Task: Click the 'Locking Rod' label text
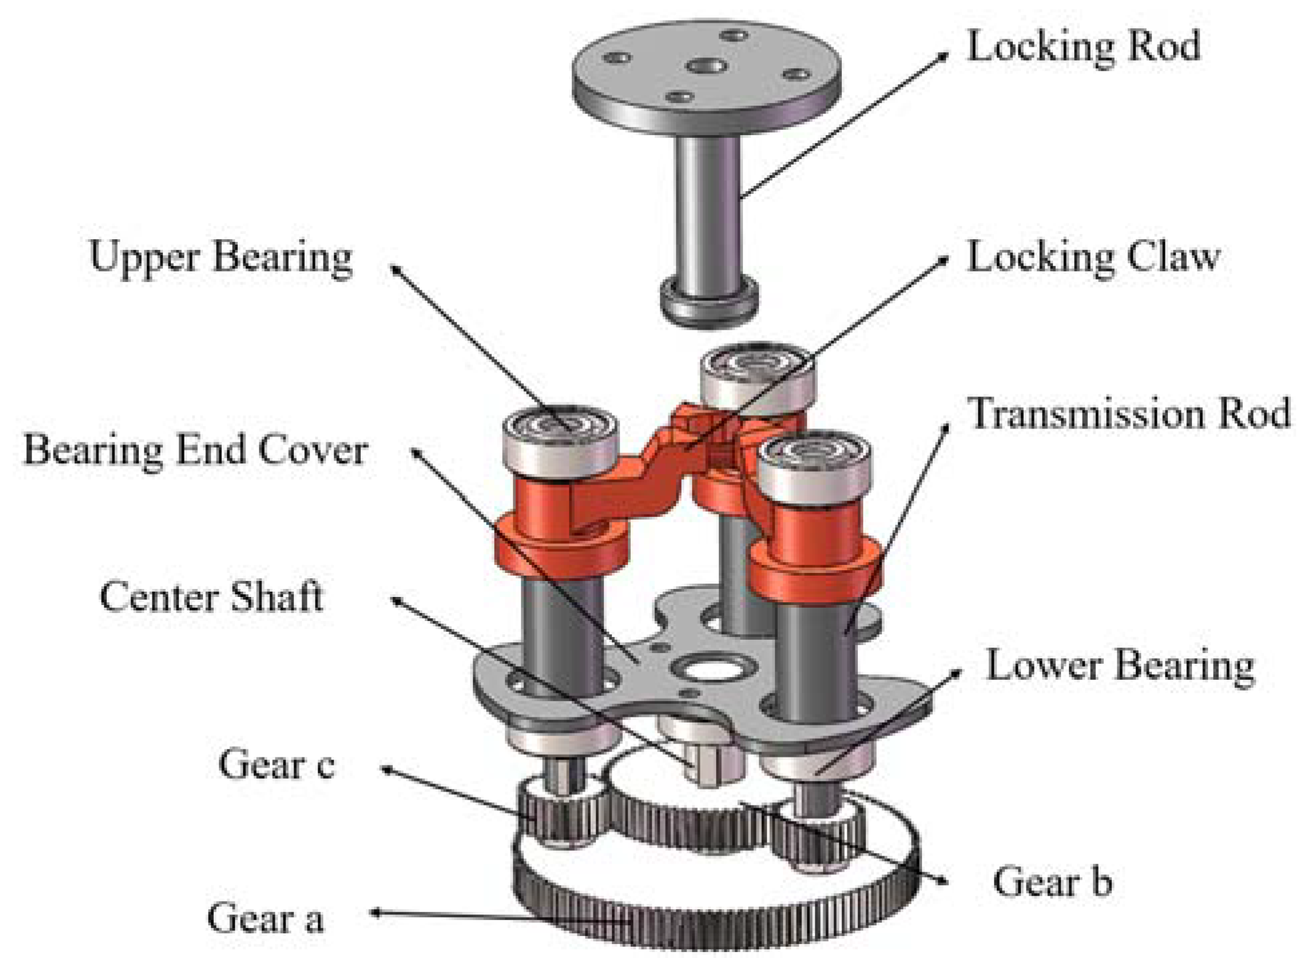[x=1083, y=47]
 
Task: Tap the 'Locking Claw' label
[x=1093, y=257]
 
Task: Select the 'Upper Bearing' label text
[x=221, y=257]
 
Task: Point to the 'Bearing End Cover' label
[x=195, y=450]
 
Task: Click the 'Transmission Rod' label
[x=1129, y=413]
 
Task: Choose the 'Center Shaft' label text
[x=211, y=596]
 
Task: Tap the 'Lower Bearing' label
[x=1121, y=666]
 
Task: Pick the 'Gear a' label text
[x=265, y=918]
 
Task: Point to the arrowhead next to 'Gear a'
[x=376, y=913]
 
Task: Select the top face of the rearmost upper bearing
[x=757, y=364]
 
